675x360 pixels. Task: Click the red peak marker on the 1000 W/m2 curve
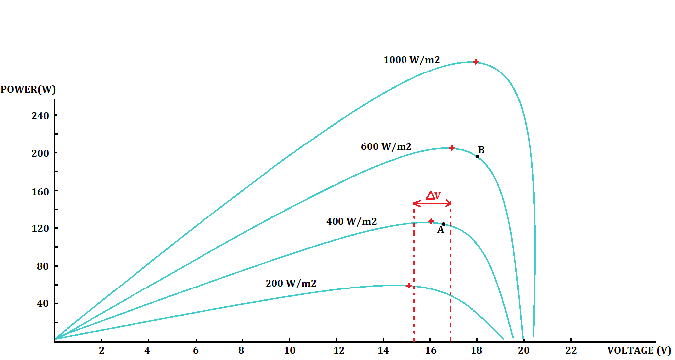[475, 62]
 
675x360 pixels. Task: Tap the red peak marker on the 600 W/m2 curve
[451, 148]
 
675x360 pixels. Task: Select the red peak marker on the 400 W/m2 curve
[431, 221]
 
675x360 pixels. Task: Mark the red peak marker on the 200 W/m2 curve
[408, 286]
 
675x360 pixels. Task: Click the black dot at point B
[478, 157]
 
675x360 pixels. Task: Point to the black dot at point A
[443, 224]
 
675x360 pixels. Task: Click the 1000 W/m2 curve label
[411, 60]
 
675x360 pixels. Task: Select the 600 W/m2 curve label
[386, 147]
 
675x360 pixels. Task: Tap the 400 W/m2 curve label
[351, 222]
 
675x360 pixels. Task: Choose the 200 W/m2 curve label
[291, 284]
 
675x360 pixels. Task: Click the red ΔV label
[433, 196]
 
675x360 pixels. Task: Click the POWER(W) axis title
[28, 90]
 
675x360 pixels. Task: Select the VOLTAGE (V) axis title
[639, 350]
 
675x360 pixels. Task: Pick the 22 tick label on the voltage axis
[571, 350]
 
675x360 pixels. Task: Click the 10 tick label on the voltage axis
[289, 350]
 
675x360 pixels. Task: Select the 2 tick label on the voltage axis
[101, 350]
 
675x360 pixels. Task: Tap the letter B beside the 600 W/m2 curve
[481, 150]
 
